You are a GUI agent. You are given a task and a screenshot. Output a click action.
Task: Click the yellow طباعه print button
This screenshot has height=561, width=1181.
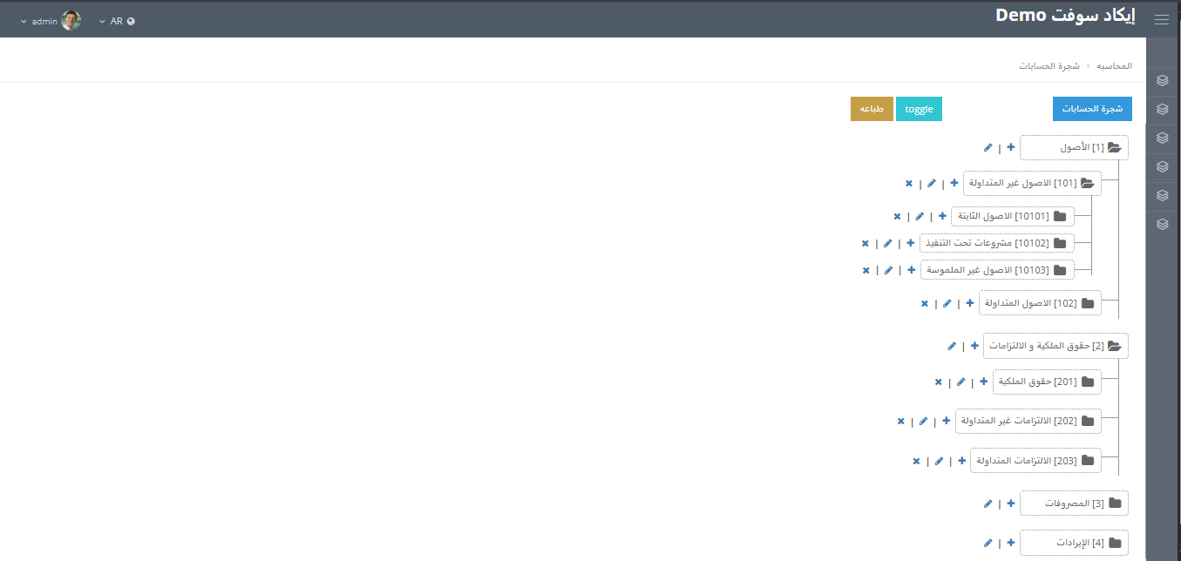pos(872,109)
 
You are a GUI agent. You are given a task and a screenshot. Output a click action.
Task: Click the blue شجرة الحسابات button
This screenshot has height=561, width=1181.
pos(1092,109)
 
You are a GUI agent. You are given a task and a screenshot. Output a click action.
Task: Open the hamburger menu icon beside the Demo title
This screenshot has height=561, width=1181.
pos(1162,19)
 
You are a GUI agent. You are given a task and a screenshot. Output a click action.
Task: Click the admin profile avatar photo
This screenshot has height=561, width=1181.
pos(71,21)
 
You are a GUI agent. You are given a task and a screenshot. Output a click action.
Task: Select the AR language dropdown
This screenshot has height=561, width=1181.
pos(117,21)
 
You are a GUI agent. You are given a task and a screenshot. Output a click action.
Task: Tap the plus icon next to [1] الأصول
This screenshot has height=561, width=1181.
pos(1011,147)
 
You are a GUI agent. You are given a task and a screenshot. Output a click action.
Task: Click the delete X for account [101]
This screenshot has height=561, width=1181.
pos(909,183)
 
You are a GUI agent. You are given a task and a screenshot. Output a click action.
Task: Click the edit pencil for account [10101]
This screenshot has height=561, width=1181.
pos(920,216)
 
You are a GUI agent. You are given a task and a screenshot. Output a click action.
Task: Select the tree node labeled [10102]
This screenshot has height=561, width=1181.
pos(996,243)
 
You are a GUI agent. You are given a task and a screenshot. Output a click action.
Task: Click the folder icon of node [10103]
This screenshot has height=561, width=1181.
pos(1060,270)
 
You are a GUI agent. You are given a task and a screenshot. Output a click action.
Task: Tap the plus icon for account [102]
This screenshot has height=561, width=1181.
pos(969,303)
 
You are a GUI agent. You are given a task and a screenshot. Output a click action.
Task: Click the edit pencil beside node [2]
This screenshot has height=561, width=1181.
pos(952,346)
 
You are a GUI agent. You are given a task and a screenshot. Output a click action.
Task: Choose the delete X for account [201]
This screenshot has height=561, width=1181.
pos(939,382)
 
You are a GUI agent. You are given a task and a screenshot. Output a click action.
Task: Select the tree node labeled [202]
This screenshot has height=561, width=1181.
pos(1028,421)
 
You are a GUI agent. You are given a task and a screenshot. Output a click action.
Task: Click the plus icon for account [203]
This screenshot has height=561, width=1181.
pos(961,461)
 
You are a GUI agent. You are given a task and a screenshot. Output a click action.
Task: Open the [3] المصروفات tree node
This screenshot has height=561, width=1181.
pos(1074,503)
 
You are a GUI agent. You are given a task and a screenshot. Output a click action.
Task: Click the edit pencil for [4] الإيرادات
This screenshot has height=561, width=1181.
pos(988,543)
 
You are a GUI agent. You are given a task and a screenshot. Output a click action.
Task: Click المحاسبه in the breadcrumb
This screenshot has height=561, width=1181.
pos(1114,66)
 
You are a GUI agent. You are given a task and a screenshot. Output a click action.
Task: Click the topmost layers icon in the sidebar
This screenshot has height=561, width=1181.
pos(1163,81)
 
